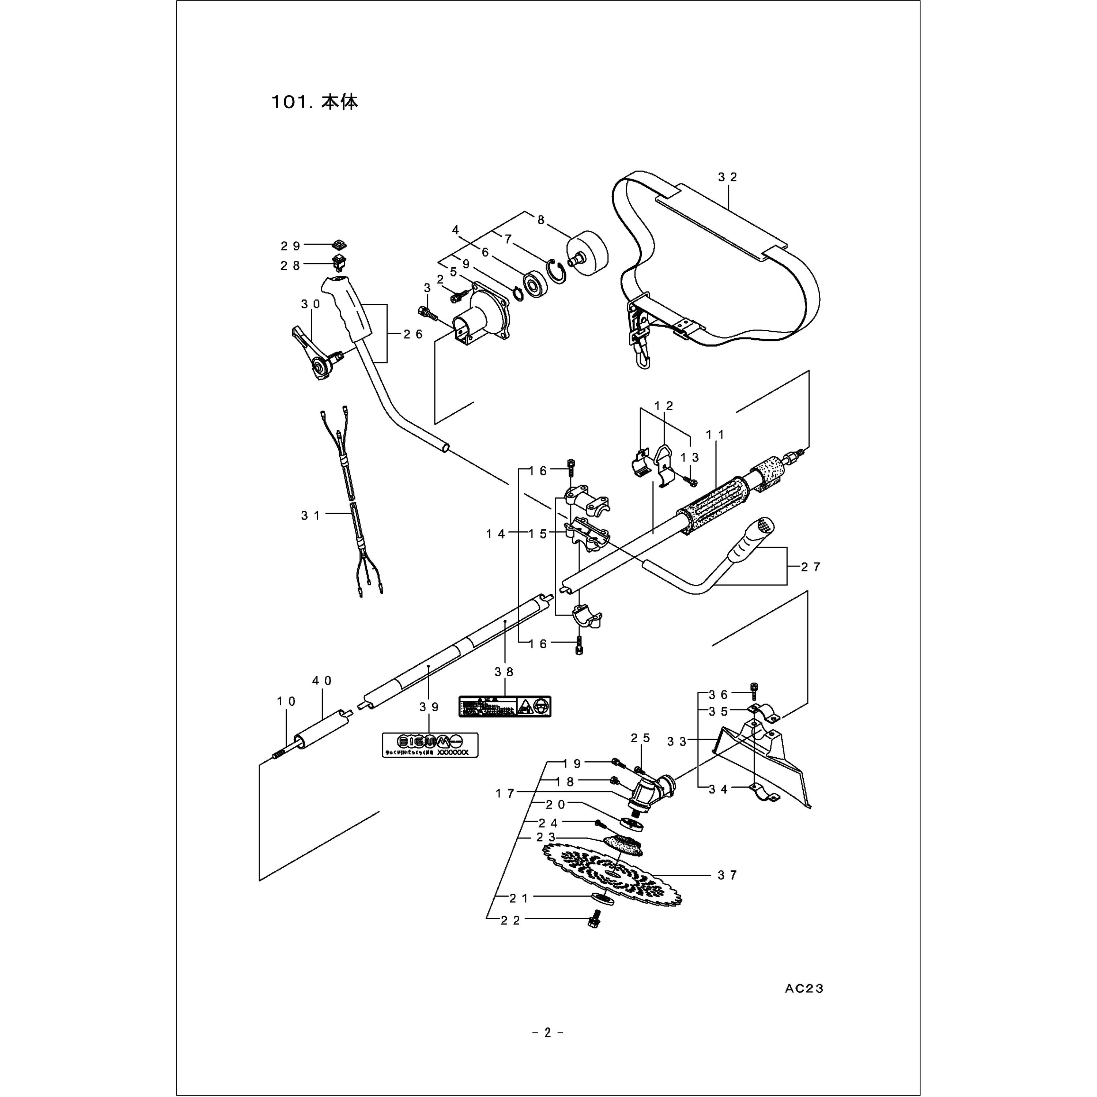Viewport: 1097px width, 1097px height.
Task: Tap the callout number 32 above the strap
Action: click(x=727, y=177)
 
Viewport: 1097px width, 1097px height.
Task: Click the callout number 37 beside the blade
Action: click(x=727, y=875)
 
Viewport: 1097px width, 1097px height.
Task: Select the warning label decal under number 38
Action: click(x=505, y=706)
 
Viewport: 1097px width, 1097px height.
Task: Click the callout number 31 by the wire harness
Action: click(x=310, y=516)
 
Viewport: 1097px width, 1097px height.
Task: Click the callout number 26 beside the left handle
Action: click(x=413, y=335)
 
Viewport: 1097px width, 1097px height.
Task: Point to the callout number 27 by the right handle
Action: click(x=811, y=567)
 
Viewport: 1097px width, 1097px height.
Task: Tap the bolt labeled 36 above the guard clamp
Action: click(x=754, y=690)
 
